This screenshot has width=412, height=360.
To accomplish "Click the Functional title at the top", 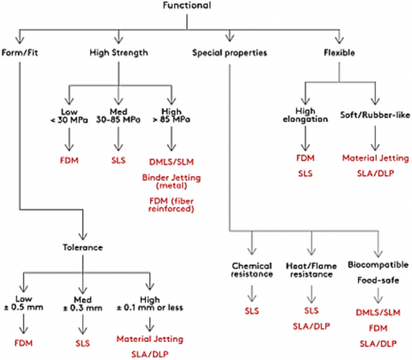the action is (187, 5).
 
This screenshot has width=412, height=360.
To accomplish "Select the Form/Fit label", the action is (20, 52).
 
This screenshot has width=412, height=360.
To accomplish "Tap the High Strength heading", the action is (118, 52).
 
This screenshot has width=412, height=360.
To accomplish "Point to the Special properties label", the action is (229, 52).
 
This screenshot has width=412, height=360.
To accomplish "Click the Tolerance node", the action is (82, 247).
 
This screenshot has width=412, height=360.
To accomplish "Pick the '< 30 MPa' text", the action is (69, 119).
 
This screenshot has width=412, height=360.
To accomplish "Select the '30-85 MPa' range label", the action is (118, 119).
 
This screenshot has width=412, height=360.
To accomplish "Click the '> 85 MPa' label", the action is (171, 119).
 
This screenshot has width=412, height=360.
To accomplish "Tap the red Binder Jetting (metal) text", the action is (172, 181).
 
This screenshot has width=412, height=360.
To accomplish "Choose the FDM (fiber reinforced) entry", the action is (172, 204).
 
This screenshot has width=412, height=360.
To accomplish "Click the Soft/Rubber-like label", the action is (375, 115).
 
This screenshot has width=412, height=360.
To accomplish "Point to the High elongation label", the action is (306, 115).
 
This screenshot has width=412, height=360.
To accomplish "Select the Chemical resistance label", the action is (251, 270).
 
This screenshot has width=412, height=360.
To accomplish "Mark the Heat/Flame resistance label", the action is (312, 270).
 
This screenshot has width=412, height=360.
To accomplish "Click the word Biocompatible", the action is (378, 265).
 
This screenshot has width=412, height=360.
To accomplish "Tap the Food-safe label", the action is (378, 280).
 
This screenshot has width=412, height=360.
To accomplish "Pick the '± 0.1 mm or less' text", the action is (149, 308).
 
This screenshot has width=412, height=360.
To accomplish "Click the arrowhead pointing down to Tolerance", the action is (82, 236).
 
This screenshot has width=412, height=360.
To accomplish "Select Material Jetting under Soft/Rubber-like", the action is (375, 158).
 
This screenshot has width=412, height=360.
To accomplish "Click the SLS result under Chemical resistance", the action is (251, 311).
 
